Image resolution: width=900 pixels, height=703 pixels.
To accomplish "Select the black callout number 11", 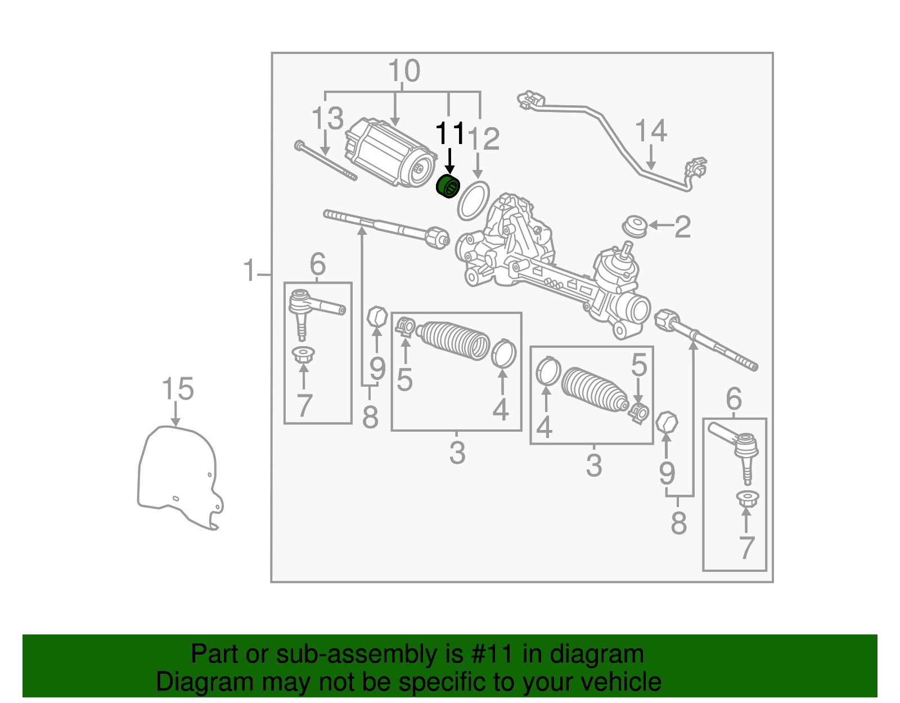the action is pos(450,133).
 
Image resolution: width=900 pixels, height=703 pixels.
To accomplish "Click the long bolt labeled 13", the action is pos(326,160).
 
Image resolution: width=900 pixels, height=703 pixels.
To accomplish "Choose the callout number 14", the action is pos(651,131).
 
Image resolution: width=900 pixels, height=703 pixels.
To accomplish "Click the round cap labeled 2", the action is pos(634,226).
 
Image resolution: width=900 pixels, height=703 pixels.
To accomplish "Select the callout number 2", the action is pos(682,227).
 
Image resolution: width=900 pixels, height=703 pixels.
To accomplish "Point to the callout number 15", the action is pos(178,388).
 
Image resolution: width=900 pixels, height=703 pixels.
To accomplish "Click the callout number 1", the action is pos(249,270).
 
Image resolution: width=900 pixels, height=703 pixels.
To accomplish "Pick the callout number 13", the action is pos(327,118).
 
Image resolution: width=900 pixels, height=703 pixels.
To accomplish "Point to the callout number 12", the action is pos(483,139).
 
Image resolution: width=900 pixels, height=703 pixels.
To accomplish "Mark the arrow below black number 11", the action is pos(450,161).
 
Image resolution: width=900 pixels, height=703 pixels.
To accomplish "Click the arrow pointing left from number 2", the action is pos(661,225).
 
